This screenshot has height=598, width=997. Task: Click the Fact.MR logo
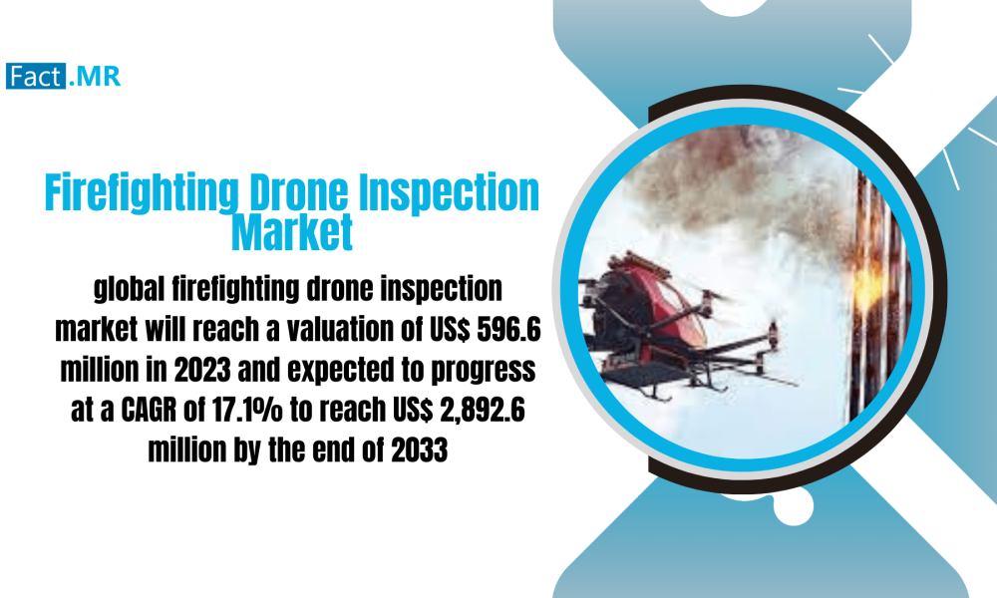(x=63, y=76)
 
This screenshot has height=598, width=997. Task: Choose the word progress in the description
(x=483, y=371)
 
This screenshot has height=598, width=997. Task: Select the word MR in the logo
(x=96, y=76)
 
